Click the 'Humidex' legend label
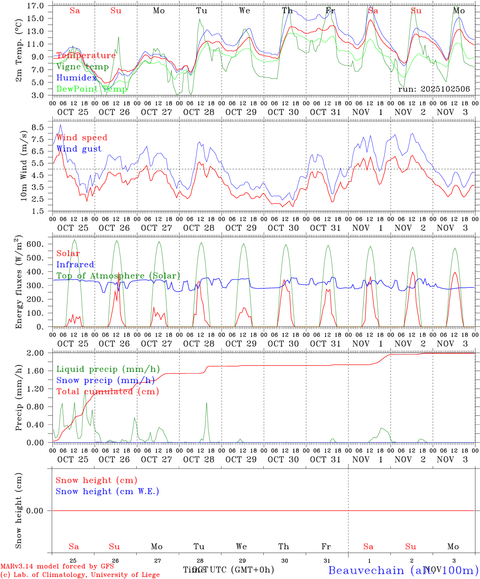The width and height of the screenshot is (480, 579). point(77,78)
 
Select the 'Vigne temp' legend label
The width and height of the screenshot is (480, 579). point(82,67)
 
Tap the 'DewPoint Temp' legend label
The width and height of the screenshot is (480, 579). point(92,89)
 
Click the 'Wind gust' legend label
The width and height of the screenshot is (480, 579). point(79,149)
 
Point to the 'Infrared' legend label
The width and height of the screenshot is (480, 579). point(75,265)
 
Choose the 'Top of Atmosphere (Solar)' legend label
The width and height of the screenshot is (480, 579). point(118,276)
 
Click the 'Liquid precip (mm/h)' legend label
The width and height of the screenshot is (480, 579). point(108,369)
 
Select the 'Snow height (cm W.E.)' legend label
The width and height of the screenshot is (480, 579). point(107,491)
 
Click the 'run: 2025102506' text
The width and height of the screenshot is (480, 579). point(434,89)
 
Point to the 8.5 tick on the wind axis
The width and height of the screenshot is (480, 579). point(38,127)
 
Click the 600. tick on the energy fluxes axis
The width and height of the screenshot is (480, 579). point(35,244)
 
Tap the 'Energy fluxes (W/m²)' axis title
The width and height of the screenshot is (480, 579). point(19,283)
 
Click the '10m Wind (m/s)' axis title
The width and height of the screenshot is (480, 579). point(24,166)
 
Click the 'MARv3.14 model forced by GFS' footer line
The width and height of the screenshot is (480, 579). point(57,567)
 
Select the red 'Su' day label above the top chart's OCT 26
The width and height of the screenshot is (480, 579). point(116,11)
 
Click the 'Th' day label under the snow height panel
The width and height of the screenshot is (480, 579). point(284,546)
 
